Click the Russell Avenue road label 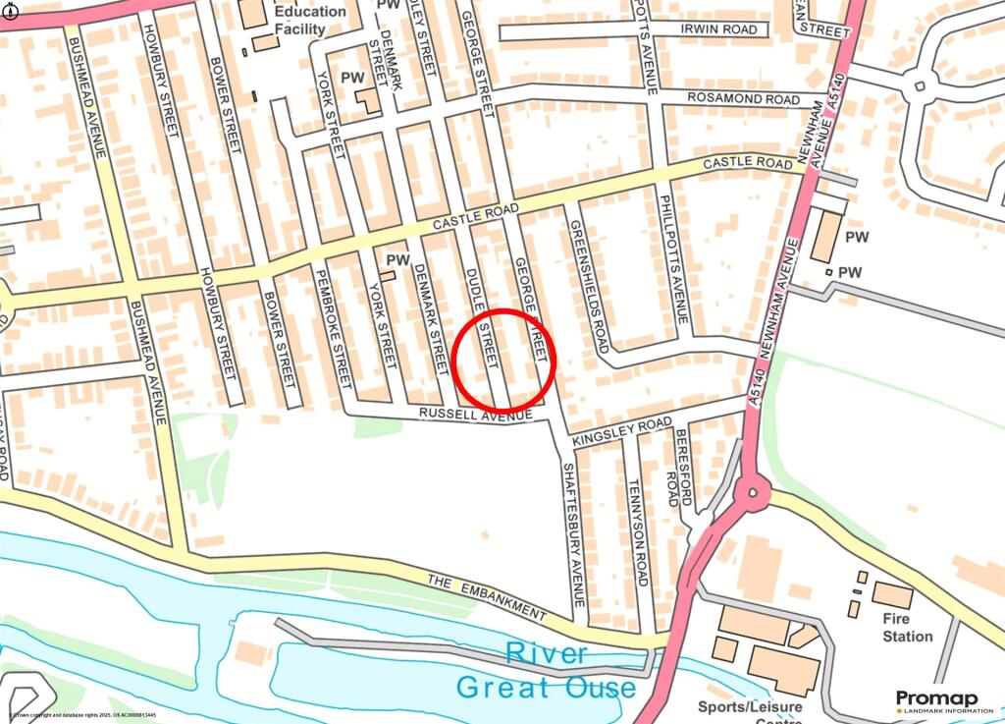[475, 416]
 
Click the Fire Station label [907, 628]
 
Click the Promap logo [936, 700]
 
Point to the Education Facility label [310, 20]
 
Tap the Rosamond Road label [743, 99]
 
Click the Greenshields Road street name [588, 286]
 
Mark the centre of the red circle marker [506, 360]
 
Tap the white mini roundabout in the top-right [920, 87]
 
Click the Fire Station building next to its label [892, 594]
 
